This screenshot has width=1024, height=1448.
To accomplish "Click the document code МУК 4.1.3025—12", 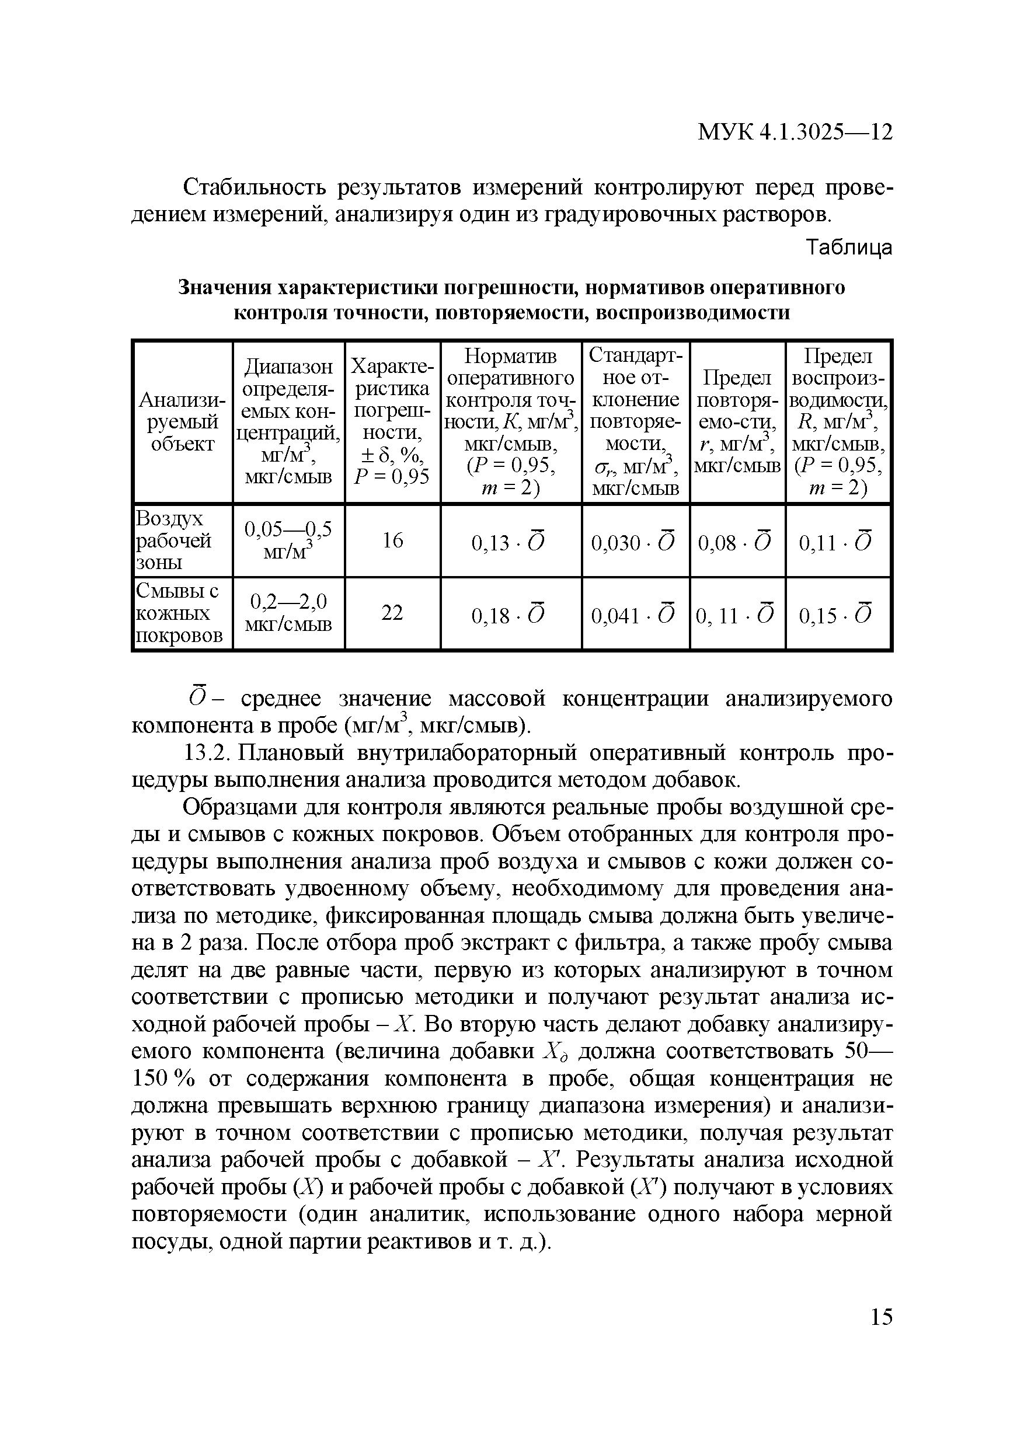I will coord(795,132).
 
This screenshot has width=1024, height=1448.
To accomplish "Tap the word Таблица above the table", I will coord(850,248).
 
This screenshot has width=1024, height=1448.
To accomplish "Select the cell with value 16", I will coord(392,540).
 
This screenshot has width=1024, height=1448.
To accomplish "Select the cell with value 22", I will coord(392,613).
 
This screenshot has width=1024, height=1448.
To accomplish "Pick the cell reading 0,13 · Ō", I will coord(510,542).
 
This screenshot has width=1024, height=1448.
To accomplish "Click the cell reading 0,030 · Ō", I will coord(634,542).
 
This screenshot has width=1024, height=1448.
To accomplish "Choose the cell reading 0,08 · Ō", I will coord(736,542).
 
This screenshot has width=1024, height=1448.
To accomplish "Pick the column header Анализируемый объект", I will coord(182,421).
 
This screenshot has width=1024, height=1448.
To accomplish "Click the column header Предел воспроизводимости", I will coord(838,421).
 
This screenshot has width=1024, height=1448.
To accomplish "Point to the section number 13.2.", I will coord(203,753).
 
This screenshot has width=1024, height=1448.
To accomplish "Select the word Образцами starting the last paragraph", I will coord(238,807).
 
